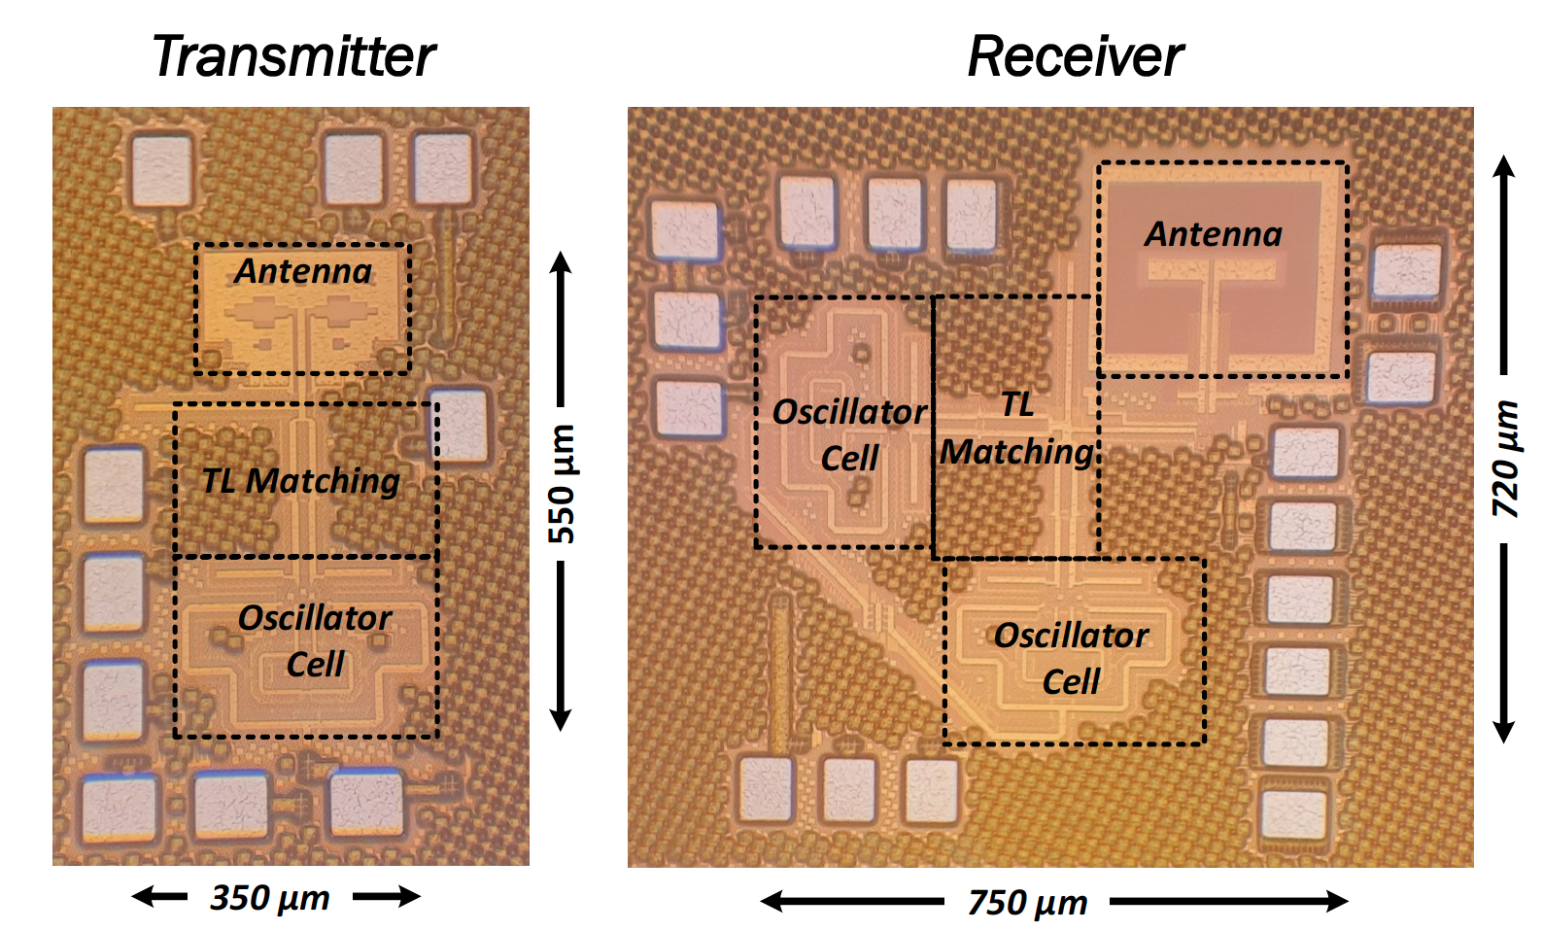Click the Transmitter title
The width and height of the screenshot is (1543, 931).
tap(293, 56)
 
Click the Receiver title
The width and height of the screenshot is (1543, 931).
tap(1076, 56)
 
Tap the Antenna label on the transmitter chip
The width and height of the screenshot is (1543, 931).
tap(303, 271)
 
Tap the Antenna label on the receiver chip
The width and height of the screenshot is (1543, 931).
tap(1214, 234)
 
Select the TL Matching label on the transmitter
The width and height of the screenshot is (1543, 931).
tap(301, 480)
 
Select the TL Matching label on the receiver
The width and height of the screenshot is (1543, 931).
tap(1017, 429)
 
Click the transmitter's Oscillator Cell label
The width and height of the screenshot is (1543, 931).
tap(315, 640)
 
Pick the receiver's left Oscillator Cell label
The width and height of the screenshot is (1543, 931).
tap(849, 434)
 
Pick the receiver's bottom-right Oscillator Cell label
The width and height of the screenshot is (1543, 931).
tap(1071, 658)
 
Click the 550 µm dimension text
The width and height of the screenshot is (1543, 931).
tap(562, 484)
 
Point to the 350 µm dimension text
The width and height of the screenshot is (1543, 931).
tap(271, 897)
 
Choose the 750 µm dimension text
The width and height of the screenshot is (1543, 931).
tap(1028, 903)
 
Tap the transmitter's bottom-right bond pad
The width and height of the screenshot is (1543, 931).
tap(366, 803)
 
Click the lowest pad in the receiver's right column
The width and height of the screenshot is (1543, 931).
tap(1294, 814)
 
